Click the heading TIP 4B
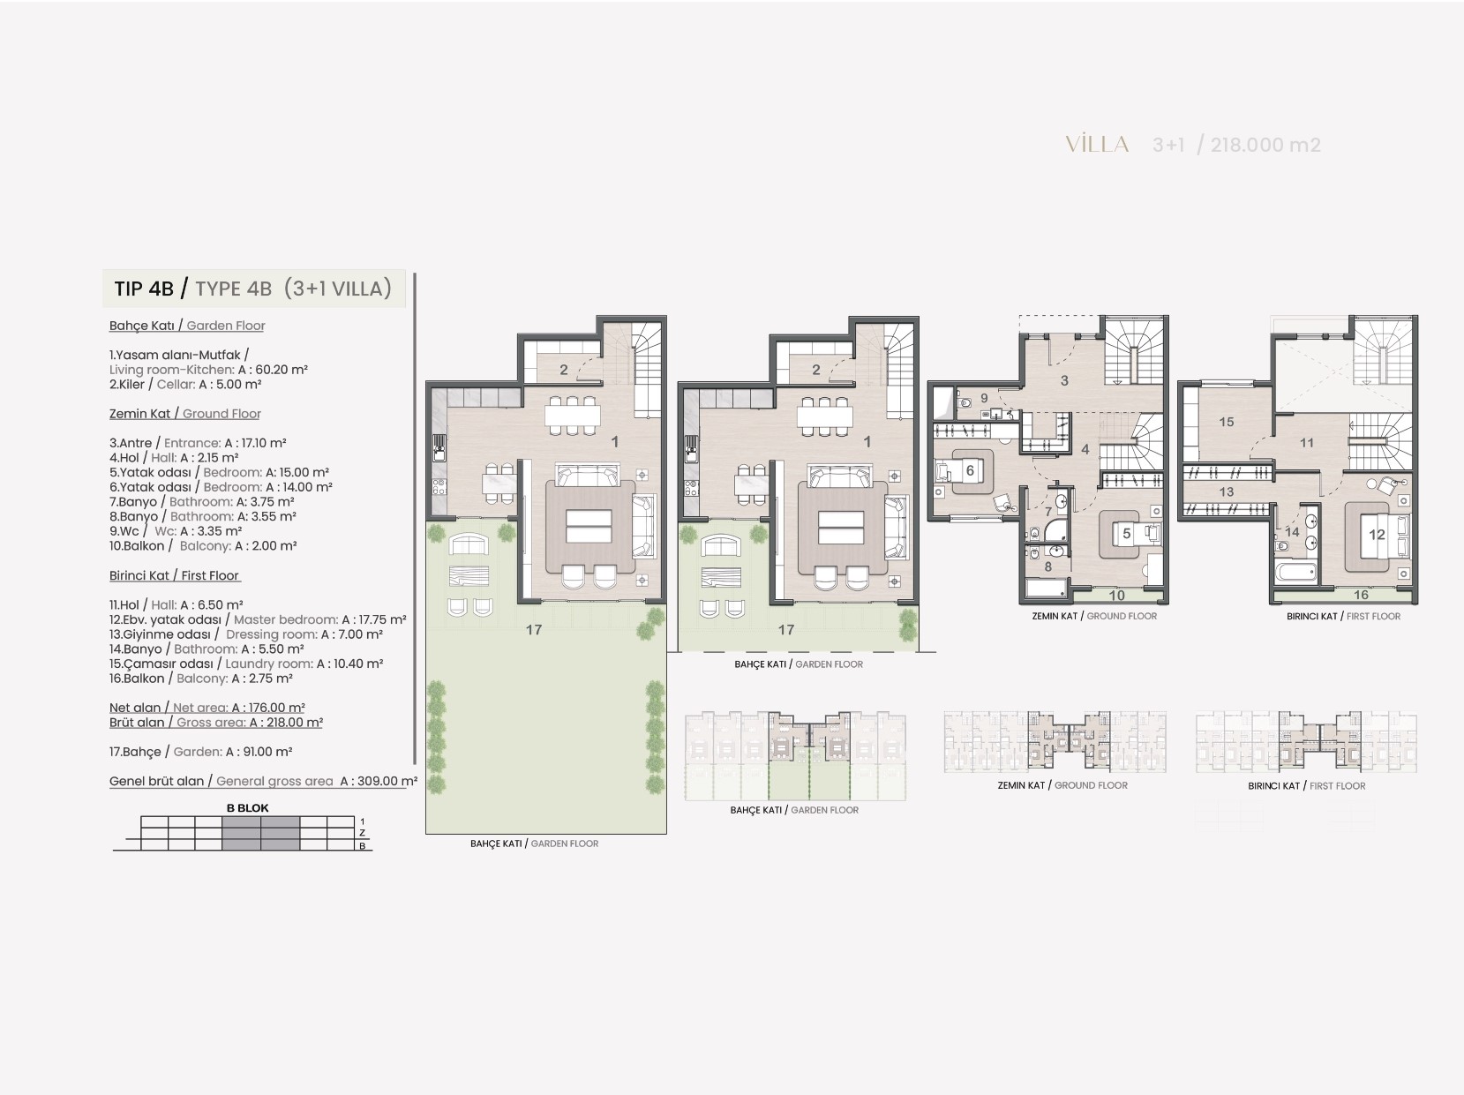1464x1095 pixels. coord(143,289)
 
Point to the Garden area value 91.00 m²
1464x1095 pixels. coord(267,752)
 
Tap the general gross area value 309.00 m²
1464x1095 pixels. coord(388,781)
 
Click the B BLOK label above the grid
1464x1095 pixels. coord(247,807)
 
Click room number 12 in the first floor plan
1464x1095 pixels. coord(1377,534)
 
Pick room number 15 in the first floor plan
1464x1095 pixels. coord(1226,422)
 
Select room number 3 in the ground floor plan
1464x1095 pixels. coord(1064,380)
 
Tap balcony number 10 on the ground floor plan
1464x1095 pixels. coord(1116,596)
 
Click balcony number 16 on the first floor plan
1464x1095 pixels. coord(1361,595)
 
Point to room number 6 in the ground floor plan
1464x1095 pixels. coord(970,470)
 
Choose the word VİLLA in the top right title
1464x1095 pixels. coord(1097,144)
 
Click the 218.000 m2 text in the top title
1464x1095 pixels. coord(1265,145)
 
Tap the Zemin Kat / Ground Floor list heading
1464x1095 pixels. coord(184,414)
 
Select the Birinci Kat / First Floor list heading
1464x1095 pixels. coord(174,575)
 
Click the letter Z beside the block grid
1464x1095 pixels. coord(362,833)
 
